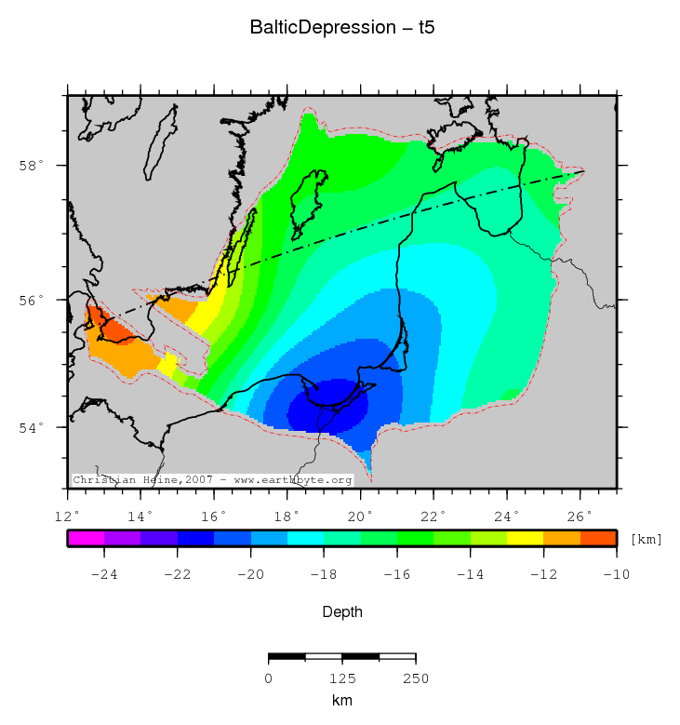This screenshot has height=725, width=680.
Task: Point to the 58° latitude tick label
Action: click(33, 167)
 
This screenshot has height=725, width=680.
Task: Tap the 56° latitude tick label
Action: click(33, 301)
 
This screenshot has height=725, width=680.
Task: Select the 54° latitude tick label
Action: click(33, 427)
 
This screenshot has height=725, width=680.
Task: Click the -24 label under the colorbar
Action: click(103, 574)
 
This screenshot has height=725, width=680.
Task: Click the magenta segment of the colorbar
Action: click(86, 538)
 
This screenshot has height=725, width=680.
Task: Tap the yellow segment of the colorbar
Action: click(525, 538)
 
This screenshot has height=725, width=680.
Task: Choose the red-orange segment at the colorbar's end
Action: click(598, 538)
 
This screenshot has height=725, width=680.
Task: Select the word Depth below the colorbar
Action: click(342, 612)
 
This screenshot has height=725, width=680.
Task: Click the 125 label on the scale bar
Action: click(342, 678)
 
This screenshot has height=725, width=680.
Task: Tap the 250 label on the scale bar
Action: click(415, 678)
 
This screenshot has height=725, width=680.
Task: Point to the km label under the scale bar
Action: click(342, 700)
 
